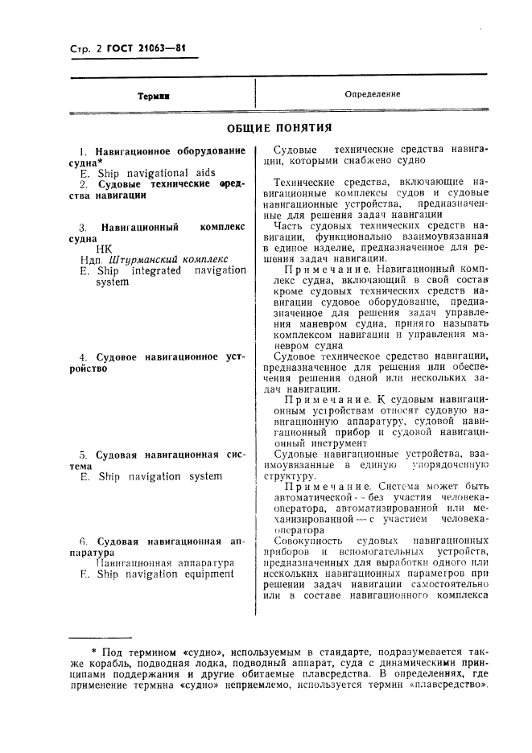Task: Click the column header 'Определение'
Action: [x=372, y=94]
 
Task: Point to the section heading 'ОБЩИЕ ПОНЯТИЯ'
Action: [x=278, y=128]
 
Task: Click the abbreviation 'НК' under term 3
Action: [x=104, y=249]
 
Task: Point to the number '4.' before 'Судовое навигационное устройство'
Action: [x=84, y=356]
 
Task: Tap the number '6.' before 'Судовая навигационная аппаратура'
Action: [x=84, y=541]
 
